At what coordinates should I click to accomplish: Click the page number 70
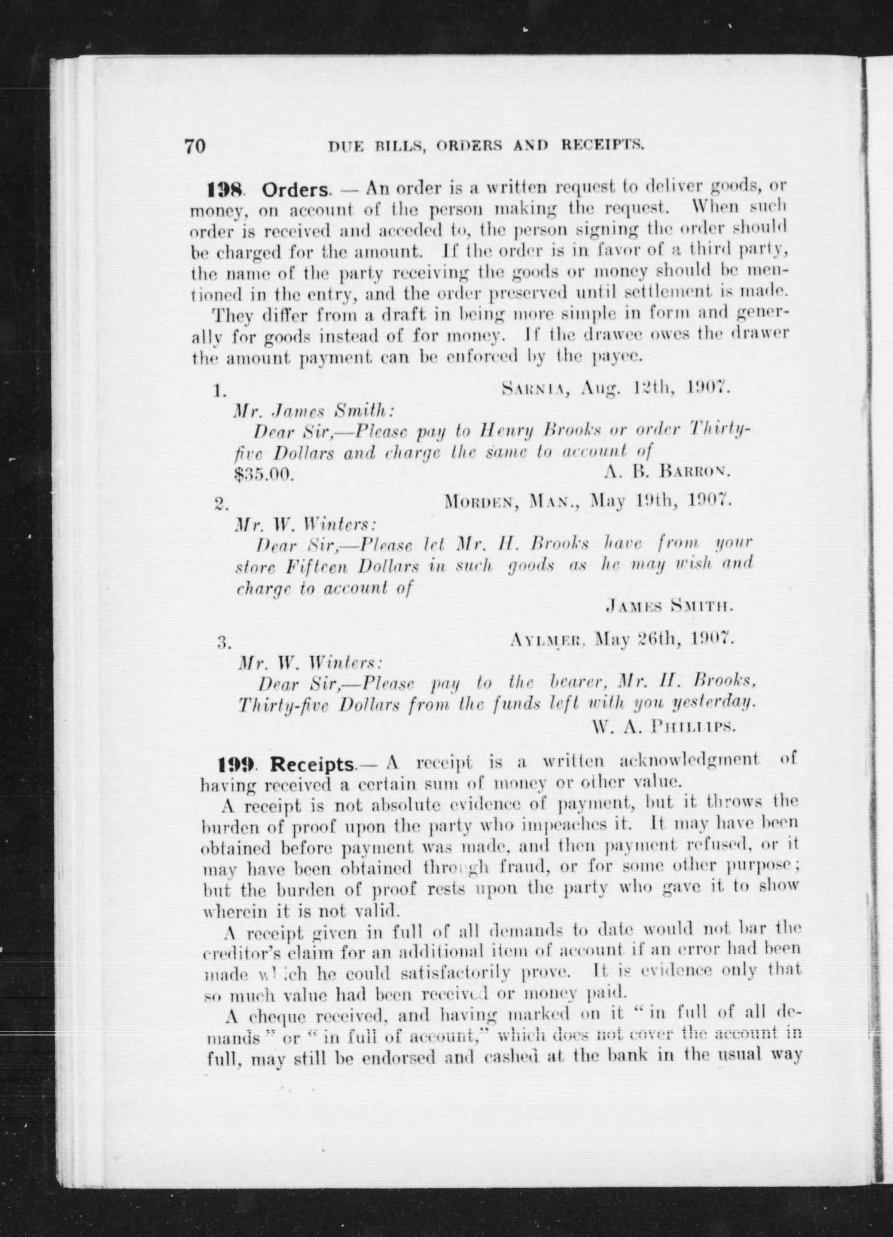coord(195,146)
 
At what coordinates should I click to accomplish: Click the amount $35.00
coord(264,473)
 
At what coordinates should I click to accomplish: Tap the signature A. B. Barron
coord(666,472)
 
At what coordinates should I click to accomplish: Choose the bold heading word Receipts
coord(312,765)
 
